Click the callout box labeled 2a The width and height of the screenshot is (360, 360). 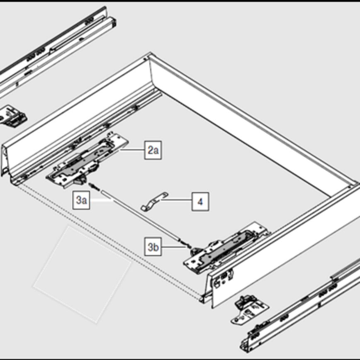click(x=153, y=150)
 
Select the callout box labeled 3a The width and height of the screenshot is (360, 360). click(x=81, y=200)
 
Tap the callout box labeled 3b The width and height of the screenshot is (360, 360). click(x=153, y=247)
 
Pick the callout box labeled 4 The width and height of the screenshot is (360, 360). click(x=200, y=202)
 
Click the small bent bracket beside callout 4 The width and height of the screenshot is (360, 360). click(x=154, y=201)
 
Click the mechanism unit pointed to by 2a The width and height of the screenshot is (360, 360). click(x=87, y=160)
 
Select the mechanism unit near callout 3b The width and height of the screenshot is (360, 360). click(x=226, y=248)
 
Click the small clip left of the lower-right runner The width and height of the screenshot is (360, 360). click(x=250, y=310)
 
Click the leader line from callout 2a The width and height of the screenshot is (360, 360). click(x=132, y=150)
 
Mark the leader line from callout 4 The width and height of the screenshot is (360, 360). click(x=176, y=200)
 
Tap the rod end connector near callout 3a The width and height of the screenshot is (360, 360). click(x=94, y=186)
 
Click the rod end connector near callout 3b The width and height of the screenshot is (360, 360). click(x=185, y=244)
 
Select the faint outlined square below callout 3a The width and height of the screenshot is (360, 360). click(x=82, y=275)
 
